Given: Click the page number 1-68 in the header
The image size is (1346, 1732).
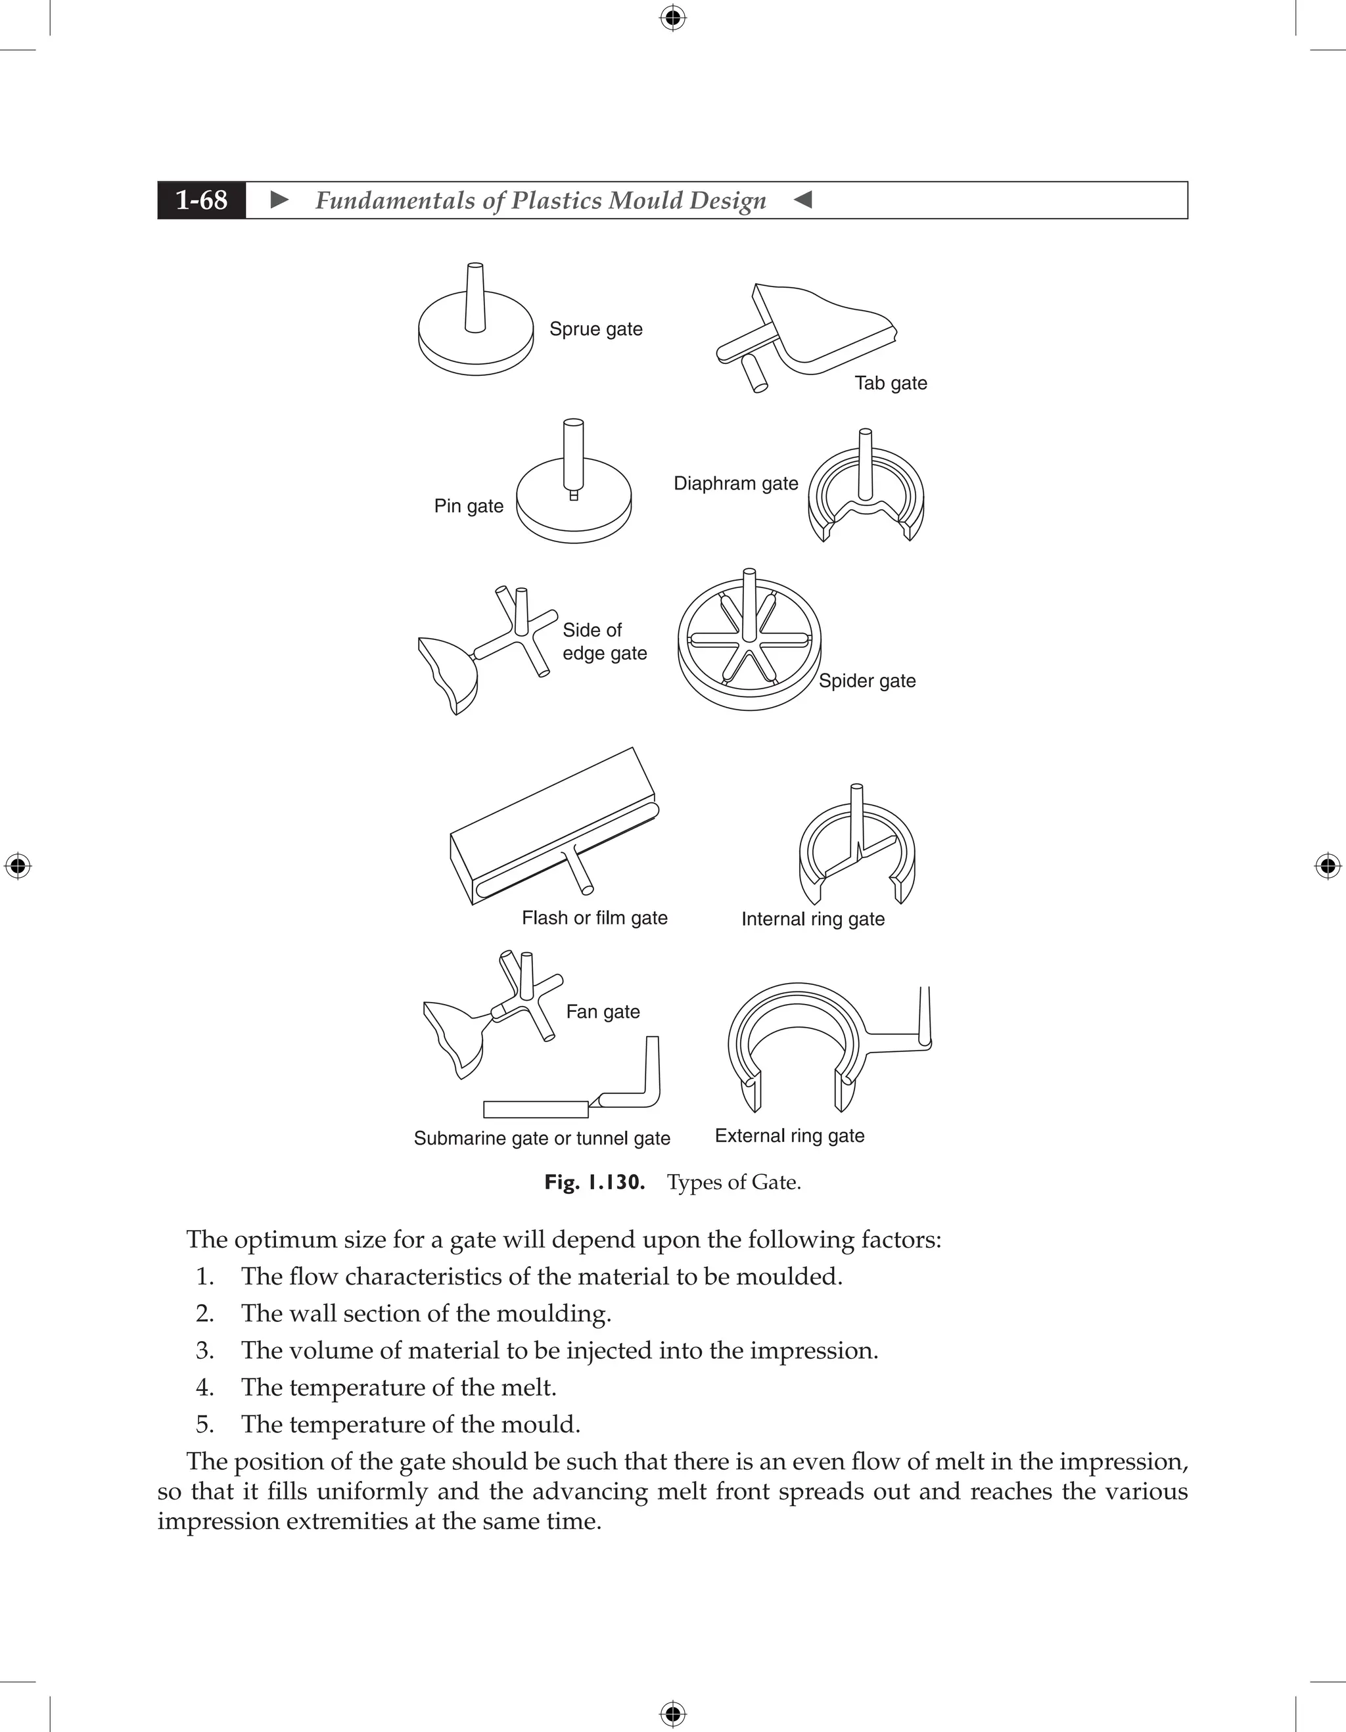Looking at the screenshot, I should click(202, 200).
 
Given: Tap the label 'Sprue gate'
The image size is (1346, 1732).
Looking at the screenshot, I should click(595, 329).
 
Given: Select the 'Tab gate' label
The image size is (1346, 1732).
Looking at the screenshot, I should click(890, 383).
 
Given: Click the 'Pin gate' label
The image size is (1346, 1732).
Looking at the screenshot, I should click(468, 506).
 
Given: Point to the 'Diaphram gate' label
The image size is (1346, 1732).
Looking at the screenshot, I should click(735, 484).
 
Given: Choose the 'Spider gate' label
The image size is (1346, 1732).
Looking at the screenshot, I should click(867, 681).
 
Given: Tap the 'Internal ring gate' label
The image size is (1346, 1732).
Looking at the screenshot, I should click(812, 919).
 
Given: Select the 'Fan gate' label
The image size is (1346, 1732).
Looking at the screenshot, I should click(602, 1012).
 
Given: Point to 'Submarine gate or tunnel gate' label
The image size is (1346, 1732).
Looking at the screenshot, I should click(542, 1139).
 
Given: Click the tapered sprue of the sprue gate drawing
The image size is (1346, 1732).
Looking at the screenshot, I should click(475, 298).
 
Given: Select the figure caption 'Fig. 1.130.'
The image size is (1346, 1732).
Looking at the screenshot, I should click(594, 1183).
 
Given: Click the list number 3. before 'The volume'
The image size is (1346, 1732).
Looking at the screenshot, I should click(204, 1350).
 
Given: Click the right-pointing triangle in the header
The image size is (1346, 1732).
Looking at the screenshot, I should click(279, 200).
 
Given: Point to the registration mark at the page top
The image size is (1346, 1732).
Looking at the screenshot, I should click(672, 18).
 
